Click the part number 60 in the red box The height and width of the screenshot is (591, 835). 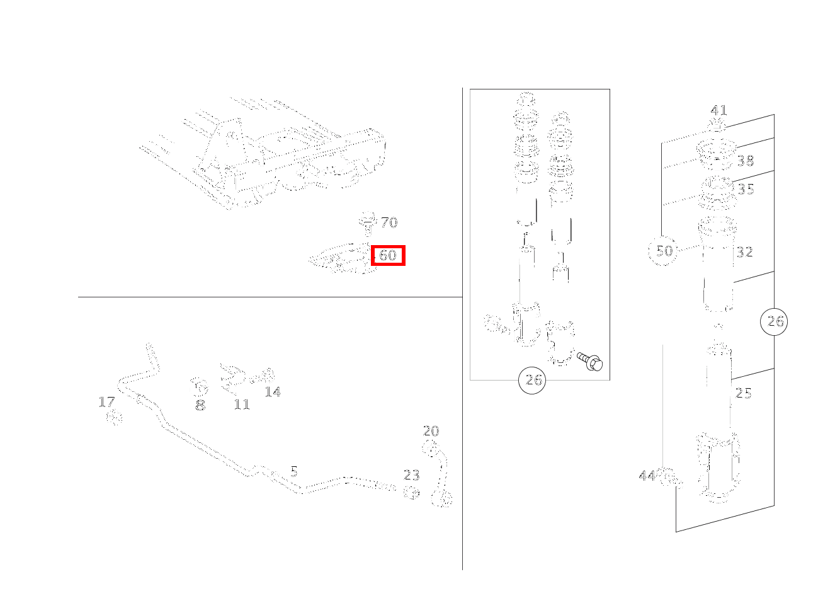(388, 255)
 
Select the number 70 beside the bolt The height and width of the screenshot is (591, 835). (389, 222)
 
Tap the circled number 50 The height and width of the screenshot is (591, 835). (663, 251)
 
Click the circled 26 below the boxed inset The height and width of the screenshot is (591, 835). (532, 381)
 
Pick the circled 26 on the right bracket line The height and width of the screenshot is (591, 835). (774, 322)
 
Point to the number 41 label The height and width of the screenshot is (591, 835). (719, 110)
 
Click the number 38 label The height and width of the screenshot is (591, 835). (746, 161)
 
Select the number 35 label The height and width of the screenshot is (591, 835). (746, 190)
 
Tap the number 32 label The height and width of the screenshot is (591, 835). (745, 253)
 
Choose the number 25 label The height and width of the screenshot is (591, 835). (743, 393)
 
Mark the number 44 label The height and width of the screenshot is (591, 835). (647, 476)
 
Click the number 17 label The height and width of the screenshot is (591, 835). (106, 402)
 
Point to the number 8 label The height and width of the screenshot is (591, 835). (200, 405)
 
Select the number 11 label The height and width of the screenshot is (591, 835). (242, 405)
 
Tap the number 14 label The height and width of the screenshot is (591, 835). (273, 392)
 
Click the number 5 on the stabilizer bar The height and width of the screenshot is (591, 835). (294, 472)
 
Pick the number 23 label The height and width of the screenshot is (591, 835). (412, 476)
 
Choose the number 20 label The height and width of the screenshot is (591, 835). (431, 432)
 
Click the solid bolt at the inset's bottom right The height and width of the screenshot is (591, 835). (589, 361)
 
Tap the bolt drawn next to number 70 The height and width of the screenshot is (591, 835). (368, 224)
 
